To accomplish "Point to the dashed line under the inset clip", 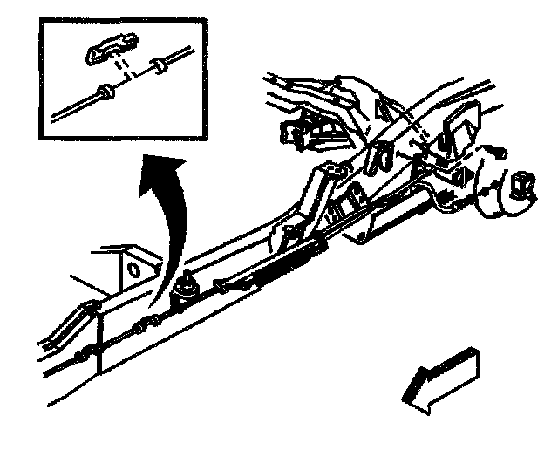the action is tap(126, 70).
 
